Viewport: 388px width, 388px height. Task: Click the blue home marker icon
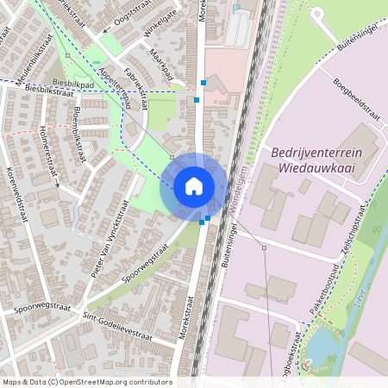[x=194, y=185]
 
